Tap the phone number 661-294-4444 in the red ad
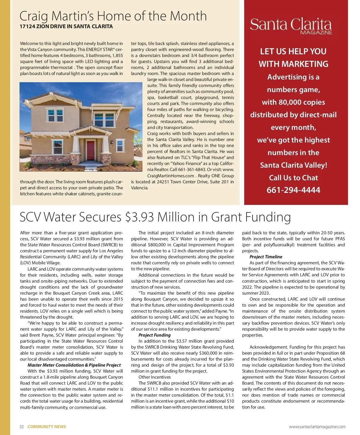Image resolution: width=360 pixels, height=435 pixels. click(293, 190)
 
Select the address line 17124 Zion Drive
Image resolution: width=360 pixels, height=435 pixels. click(66, 26)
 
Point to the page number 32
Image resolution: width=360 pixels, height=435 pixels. click(22, 427)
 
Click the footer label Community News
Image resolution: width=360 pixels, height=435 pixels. click(46, 427)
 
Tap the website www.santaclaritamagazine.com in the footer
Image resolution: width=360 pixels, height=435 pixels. click(317, 427)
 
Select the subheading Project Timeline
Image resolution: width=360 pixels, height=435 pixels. click(266, 257)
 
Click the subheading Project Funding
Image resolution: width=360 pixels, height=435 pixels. click(154, 335)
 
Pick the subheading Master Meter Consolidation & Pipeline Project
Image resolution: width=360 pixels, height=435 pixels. click(74, 365)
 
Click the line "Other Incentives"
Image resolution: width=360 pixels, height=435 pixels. click(154, 377)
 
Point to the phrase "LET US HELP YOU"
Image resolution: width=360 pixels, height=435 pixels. click(293, 52)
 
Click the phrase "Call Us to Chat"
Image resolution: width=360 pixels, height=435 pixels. click(293, 178)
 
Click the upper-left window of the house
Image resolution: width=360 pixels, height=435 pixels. click(56, 115)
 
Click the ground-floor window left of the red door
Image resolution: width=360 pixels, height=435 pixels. click(58, 146)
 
